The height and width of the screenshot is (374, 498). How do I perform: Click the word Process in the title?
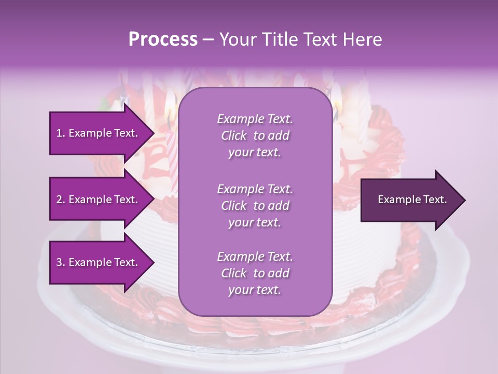tap(163, 39)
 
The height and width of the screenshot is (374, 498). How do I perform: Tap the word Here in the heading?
tap(362, 39)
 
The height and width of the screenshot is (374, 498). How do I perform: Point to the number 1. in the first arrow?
tap(60, 133)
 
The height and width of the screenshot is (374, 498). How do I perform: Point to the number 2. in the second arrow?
tap(60, 199)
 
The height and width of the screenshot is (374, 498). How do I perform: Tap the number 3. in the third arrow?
tap(60, 262)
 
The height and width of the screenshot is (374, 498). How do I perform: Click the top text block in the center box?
tap(255, 136)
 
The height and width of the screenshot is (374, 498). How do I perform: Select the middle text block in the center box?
tap(255, 206)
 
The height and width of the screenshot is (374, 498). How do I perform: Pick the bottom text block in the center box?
tap(255, 273)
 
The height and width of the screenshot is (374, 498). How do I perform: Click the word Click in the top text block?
tap(234, 136)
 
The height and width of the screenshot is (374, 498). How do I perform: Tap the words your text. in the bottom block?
tap(255, 290)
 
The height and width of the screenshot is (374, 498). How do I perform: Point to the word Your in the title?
tap(237, 39)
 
